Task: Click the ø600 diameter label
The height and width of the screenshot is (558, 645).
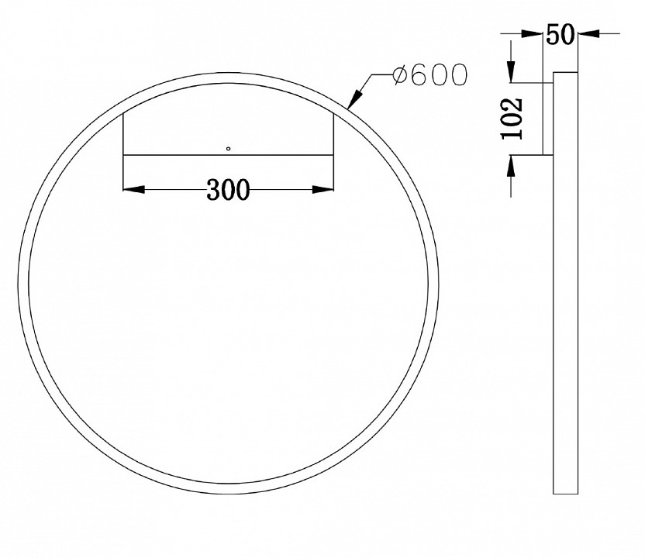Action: pos(429,75)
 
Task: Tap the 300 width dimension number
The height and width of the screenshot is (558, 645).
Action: pos(229,188)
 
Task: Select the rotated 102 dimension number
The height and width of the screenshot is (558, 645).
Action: pos(512,118)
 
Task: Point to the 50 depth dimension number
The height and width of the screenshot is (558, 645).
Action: pos(559,35)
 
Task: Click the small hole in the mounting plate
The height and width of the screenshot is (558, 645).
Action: pos(228,147)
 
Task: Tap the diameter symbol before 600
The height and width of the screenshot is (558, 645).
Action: pos(400,75)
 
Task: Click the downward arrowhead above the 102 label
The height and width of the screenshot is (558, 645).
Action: pos(512,73)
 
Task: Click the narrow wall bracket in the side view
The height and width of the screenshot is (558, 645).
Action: pos(547,118)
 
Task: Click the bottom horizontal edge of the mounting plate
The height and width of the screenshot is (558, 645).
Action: pos(229,155)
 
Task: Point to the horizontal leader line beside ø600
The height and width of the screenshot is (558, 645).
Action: pos(380,75)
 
